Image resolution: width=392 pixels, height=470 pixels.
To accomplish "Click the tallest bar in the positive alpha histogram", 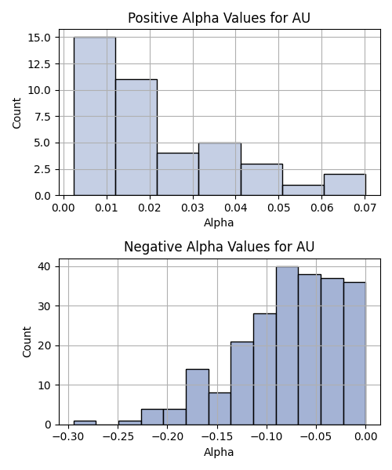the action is [x=95, y=116].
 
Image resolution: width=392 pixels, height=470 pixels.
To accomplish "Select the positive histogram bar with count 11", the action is [x=136, y=137].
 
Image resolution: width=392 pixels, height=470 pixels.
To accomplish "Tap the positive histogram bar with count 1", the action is [x=303, y=190].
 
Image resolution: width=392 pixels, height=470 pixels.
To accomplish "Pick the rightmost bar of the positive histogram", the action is [x=345, y=185].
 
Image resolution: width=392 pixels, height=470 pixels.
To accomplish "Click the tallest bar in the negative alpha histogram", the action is [x=287, y=345].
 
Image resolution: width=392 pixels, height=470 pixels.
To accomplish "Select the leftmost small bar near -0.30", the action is [x=85, y=423].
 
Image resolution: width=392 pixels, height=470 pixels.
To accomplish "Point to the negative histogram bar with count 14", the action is [x=198, y=397].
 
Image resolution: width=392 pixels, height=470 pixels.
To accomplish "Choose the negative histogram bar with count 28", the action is [x=265, y=369].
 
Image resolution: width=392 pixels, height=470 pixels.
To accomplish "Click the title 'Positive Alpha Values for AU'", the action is [x=219, y=18].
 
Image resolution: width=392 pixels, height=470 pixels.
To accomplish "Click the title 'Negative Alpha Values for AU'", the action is [x=219, y=247].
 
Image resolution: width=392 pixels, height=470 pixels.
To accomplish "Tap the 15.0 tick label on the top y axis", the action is [x=39, y=38].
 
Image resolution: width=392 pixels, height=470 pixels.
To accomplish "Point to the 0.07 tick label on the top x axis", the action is [x=365, y=208].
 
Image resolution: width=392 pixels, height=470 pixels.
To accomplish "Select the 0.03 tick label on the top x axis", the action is [x=193, y=208].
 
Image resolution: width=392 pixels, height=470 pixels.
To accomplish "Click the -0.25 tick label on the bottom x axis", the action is [x=118, y=437].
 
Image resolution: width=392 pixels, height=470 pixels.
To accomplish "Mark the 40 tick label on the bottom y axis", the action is [x=45, y=266].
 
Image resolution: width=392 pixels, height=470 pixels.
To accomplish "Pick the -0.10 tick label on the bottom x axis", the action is [x=267, y=437].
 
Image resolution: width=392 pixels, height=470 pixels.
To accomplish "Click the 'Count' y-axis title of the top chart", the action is [x=16, y=113].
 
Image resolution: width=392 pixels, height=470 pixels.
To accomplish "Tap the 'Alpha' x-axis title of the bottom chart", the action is [x=219, y=452].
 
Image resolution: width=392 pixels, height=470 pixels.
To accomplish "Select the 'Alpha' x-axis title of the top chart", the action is [x=219, y=222].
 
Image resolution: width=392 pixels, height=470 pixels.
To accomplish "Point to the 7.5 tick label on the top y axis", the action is [x=42, y=117].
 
